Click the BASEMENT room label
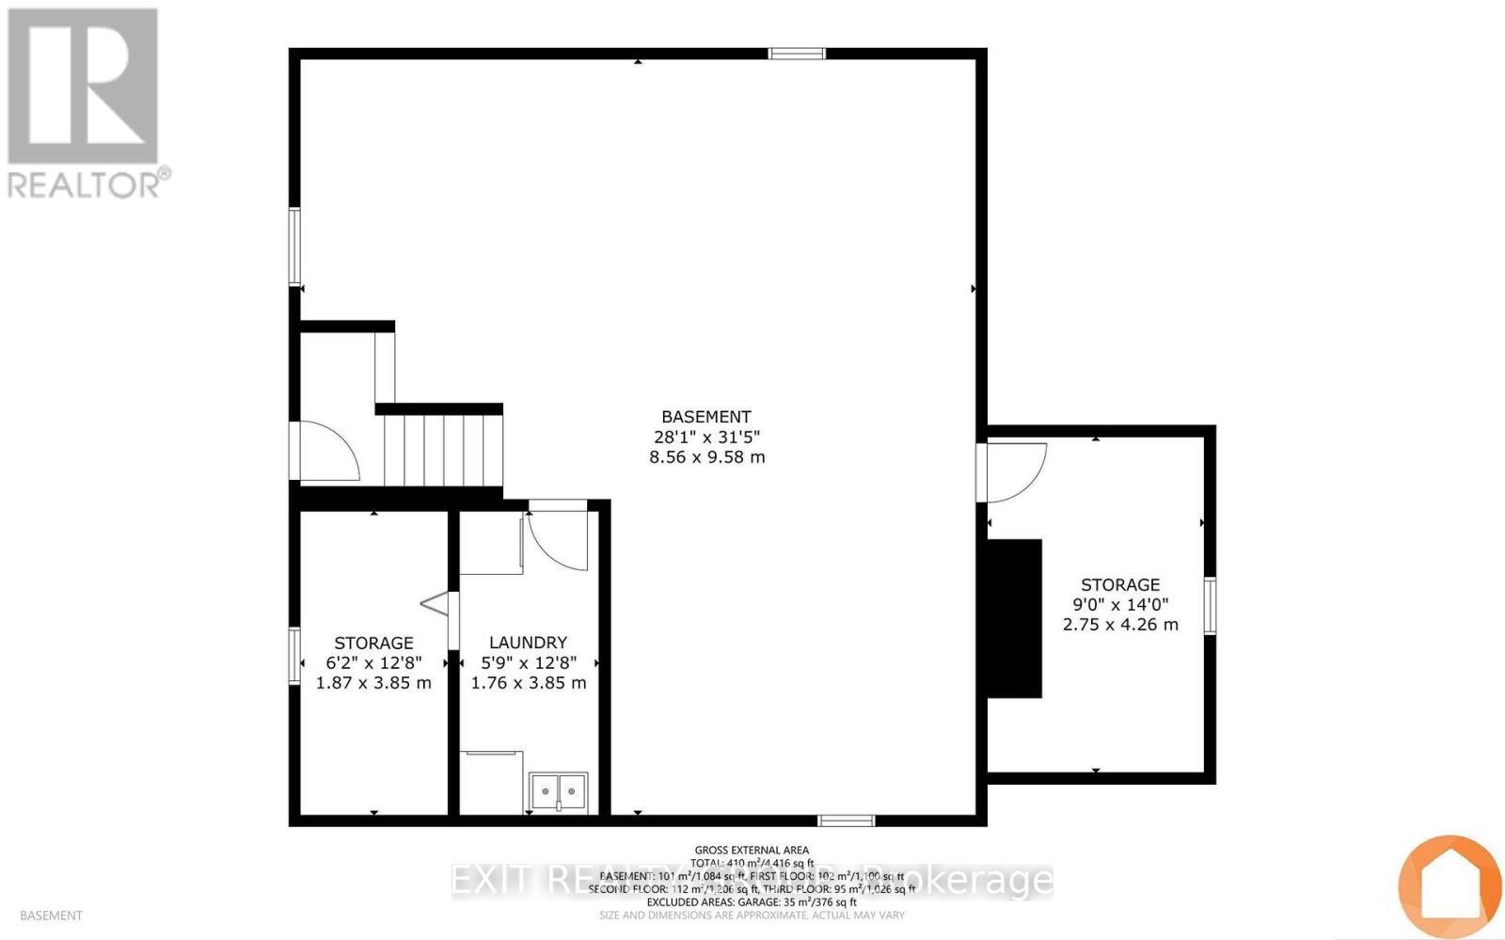705,417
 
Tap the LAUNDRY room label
528,643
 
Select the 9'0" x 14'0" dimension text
1119,604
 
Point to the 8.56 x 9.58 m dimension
706,457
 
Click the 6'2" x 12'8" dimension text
373,662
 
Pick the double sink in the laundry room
558,791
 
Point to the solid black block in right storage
1014,618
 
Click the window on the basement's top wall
797,54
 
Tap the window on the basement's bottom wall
846,821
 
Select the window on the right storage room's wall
1210,606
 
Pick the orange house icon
1449,884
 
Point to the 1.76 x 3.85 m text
529,683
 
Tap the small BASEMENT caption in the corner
51,916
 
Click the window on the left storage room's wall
294,656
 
